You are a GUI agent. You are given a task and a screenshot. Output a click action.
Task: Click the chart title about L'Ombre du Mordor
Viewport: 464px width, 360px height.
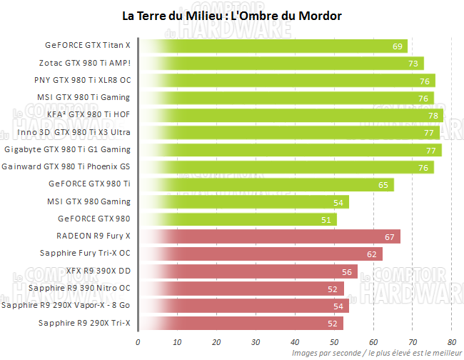click(232, 16)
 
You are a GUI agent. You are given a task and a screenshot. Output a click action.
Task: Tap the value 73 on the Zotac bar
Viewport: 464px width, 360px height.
click(413, 64)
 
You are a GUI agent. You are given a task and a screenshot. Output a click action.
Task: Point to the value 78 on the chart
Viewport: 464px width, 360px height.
click(433, 116)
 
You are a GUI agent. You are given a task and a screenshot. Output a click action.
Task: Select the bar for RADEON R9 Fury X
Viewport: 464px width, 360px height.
click(269, 236)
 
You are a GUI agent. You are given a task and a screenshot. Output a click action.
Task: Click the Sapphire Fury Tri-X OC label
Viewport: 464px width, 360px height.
click(85, 254)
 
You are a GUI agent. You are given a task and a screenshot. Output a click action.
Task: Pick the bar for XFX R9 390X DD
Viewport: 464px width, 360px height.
click(248, 271)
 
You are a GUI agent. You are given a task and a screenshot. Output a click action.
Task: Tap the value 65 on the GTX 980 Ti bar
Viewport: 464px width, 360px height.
click(383, 185)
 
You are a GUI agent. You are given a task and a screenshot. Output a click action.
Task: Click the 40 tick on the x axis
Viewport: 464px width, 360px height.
click(295, 341)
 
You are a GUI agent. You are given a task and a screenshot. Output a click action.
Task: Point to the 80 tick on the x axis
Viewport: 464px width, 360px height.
click(452, 341)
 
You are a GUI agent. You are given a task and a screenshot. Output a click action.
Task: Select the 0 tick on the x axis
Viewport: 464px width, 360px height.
click(138, 341)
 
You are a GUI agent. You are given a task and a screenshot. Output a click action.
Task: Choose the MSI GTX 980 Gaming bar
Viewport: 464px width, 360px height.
click(243, 202)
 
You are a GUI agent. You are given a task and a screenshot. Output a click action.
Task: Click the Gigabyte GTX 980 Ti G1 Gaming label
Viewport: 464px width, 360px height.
click(67, 150)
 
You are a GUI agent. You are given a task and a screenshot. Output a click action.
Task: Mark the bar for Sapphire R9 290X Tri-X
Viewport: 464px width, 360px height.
click(240, 323)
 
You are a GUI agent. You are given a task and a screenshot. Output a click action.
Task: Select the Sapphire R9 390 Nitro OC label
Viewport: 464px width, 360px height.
click(79, 289)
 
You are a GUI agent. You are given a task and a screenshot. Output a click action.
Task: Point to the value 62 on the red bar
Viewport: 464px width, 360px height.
click(372, 254)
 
